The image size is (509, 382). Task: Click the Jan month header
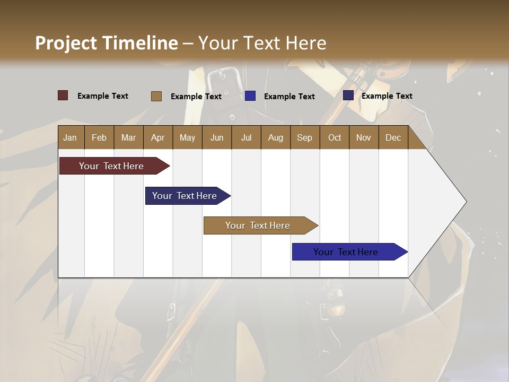click(71, 138)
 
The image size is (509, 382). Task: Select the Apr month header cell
click(158, 138)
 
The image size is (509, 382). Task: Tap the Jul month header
click(246, 138)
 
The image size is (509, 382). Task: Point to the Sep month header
click(304, 138)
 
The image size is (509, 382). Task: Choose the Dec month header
click(393, 138)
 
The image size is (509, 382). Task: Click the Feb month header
click(99, 138)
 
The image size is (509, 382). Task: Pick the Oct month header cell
click(335, 138)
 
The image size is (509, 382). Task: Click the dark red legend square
click(63, 95)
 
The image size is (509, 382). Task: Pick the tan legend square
click(156, 96)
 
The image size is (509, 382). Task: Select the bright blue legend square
click(250, 96)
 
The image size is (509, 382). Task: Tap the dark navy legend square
click(348, 95)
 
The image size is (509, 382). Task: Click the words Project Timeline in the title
click(106, 43)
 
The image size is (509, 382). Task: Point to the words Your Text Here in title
click(262, 43)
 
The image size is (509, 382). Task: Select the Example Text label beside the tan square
click(196, 97)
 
